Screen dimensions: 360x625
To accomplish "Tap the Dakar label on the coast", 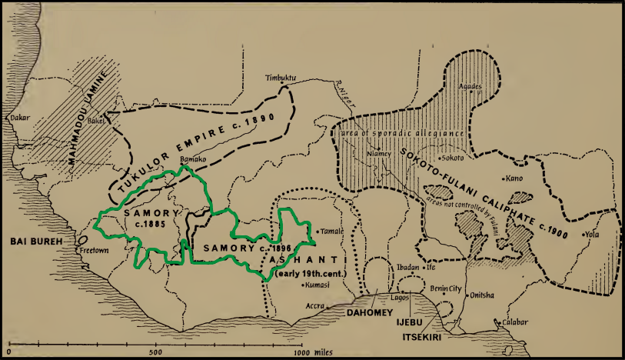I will (18, 118).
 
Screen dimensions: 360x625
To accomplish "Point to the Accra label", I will (314, 305).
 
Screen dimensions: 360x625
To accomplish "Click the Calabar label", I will (514, 322).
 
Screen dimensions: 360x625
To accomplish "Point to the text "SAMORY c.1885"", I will (151, 218).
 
